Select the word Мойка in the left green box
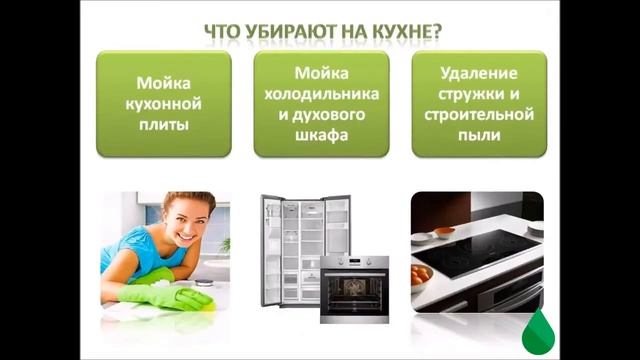click(x=164, y=84)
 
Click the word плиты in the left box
click(x=164, y=128)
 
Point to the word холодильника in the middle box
click(x=321, y=95)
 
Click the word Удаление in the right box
click(x=479, y=73)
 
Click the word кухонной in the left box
click(x=164, y=106)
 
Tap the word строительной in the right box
click(x=479, y=117)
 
